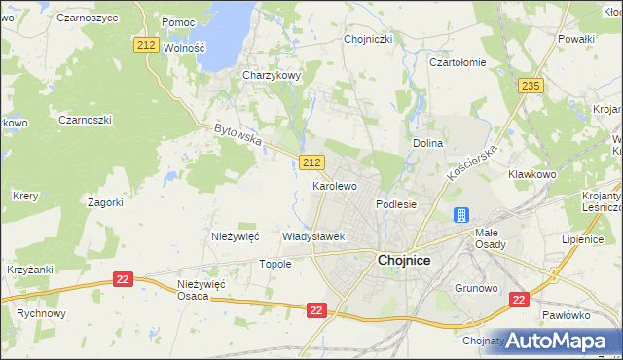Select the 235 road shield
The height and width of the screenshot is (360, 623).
click(x=531, y=86)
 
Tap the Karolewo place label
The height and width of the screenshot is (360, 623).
click(x=334, y=185)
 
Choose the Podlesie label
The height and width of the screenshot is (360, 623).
click(x=396, y=204)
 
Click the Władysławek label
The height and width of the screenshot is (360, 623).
click(x=313, y=236)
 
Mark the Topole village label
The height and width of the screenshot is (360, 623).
click(x=274, y=264)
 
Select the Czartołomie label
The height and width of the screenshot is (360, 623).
click(x=458, y=61)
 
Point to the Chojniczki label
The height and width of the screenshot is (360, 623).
click(x=368, y=40)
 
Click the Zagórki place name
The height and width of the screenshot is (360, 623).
click(x=105, y=202)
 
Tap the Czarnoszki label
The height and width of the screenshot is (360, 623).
click(x=86, y=120)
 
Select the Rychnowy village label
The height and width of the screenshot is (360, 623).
click(x=41, y=314)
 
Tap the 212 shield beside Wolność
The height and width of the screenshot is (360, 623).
click(x=147, y=45)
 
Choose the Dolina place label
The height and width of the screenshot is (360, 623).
click(x=427, y=143)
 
